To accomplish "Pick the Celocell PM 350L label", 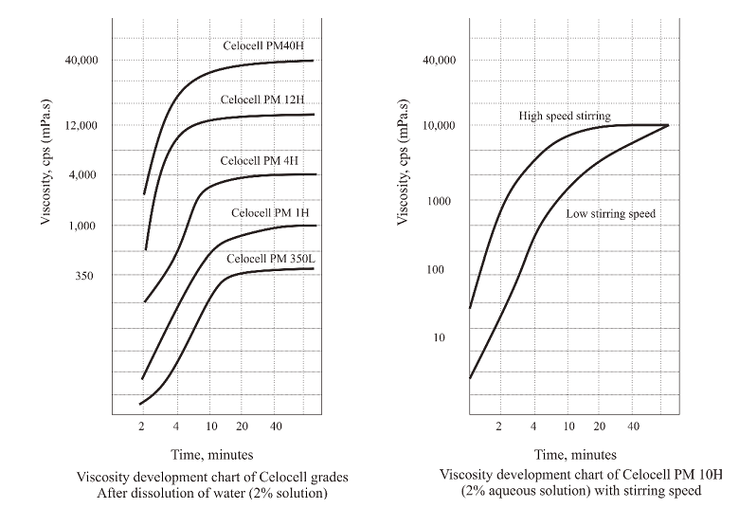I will [x=270, y=258].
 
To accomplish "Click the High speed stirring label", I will [x=564, y=116].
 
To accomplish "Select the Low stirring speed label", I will [x=610, y=214].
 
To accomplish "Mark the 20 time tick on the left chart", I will [x=242, y=427].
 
